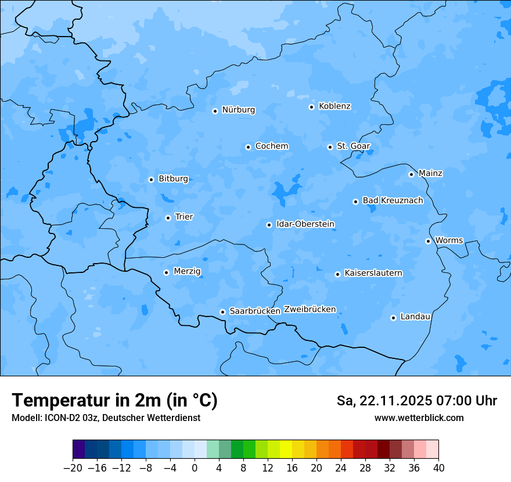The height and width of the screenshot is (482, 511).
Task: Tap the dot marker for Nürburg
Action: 215,111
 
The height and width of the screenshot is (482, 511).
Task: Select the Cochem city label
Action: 272,146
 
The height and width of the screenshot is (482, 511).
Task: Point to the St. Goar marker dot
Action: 330,147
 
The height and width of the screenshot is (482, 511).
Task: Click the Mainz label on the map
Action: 430,173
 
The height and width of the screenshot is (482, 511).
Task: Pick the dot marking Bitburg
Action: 151,179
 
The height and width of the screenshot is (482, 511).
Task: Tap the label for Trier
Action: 184,217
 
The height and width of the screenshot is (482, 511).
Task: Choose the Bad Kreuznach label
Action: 393,200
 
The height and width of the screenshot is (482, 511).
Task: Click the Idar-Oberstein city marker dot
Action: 269,225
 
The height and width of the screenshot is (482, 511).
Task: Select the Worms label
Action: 449,240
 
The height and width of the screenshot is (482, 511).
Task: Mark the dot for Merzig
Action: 166,272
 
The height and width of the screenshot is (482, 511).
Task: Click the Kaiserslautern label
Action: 373,273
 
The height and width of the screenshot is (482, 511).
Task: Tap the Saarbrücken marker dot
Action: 222,312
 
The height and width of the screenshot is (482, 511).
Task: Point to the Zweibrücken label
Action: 310,310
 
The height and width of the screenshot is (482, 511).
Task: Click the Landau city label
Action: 415,316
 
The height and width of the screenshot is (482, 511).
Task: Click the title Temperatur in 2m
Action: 115,400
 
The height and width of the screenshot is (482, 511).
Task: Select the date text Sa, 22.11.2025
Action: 383,401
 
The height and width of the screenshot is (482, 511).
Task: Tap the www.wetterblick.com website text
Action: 419,418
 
